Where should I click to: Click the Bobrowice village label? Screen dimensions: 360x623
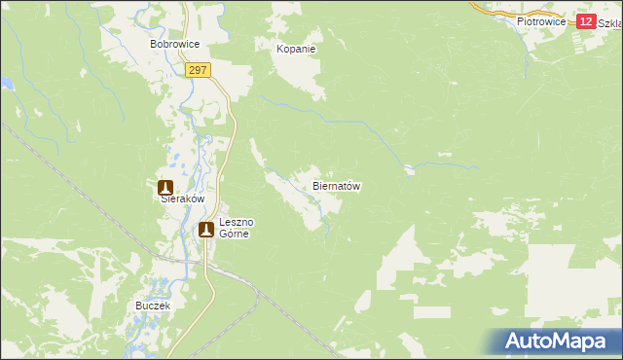pyautogui.click(x=174, y=45)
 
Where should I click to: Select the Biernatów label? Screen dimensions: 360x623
pyautogui.click(x=337, y=185)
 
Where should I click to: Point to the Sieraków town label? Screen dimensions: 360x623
pyautogui.click(x=182, y=198)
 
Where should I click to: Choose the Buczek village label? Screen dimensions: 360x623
pyautogui.click(x=154, y=306)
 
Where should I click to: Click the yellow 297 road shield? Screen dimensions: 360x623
pyautogui.click(x=199, y=70)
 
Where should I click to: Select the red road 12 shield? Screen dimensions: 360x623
pyautogui.click(x=585, y=21)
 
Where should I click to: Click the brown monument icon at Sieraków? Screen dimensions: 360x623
pyautogui.click(x=165, y=185)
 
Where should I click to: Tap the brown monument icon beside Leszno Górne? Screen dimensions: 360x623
pyautogui.click(x=206, y=230)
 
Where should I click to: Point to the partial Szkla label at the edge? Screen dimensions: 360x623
pyautogui.click(x=610, y=21)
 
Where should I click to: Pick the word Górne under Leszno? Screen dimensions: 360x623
pyautogui.click(x=234, y=234)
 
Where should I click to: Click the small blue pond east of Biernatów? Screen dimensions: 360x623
pyautogui.click(x=410, y=171)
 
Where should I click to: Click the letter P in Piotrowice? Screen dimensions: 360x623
pyautogui.click(x=521, y=20)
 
